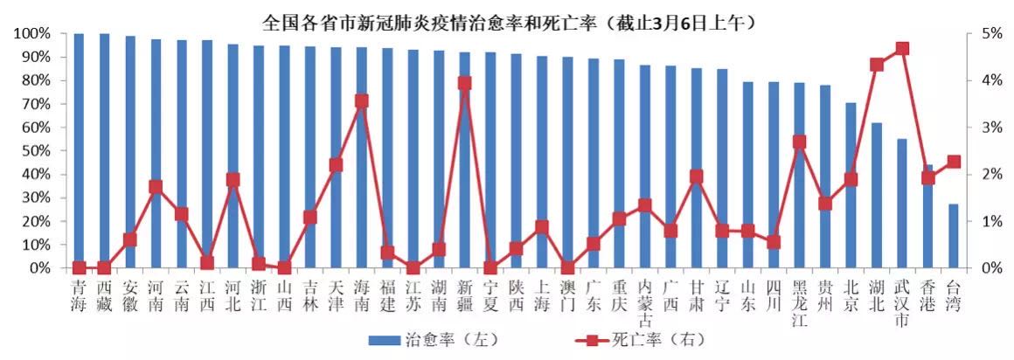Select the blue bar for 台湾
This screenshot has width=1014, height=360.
(x=954, y=236)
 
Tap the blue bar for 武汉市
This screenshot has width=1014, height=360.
(x=902, y=203)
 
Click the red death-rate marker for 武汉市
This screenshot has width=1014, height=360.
(x=902, y=48)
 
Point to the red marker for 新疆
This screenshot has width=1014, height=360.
(x=464, y=83)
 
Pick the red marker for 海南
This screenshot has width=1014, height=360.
(x=361, y=100)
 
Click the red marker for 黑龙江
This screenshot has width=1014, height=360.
(x=799, y=142)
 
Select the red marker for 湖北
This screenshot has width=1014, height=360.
(x=877, y=65)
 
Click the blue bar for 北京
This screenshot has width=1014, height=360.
(x=851, y=185)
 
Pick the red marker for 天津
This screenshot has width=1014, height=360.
(x=336, y=164)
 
